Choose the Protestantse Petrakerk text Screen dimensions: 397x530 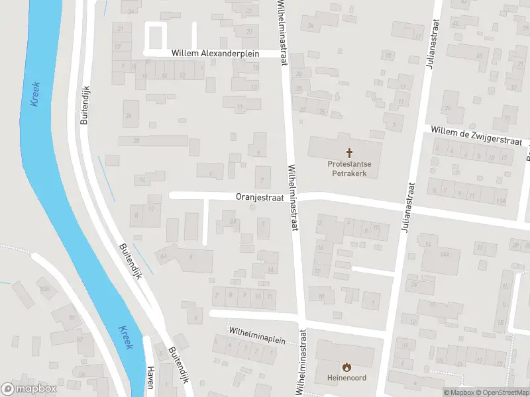(348, 168)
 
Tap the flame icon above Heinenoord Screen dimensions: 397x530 (346, 367)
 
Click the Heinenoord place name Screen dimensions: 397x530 (346, 378)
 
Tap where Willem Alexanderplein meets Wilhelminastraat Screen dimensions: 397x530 (284, 54)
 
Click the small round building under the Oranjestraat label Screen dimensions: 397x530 (251, 208)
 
